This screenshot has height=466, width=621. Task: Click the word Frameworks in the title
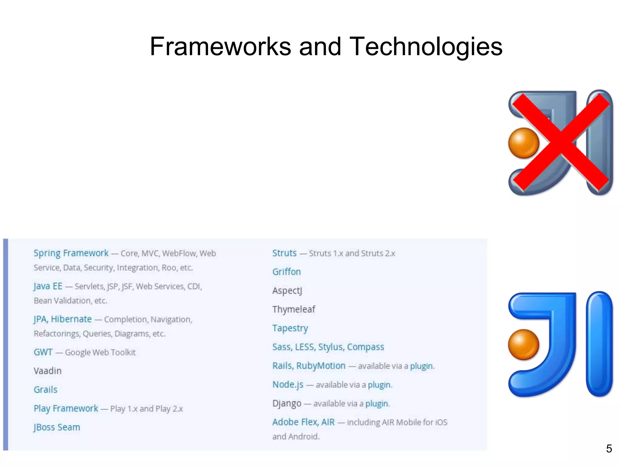tap(220, 46)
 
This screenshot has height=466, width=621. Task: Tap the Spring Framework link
tap(71, 253)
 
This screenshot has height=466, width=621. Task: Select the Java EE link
tap(48, 286)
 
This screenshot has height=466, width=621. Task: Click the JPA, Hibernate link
tap(62, 319)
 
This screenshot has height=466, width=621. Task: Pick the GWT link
tap(43, 352)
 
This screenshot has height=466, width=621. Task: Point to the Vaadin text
tap(48, 371)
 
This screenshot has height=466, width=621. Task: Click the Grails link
tap(45, 390)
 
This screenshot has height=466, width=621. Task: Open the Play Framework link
tap(66, 408)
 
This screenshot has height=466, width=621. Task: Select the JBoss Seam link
tap(57, 427)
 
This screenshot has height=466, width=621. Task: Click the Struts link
tap(284, 253)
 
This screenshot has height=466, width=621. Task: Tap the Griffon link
tap(286, 272)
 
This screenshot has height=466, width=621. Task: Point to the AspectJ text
tap(287, 291)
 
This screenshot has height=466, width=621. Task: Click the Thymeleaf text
tap(294, 309)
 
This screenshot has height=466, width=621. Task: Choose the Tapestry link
tap(290, 328)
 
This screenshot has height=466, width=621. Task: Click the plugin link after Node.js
tap(379, 385)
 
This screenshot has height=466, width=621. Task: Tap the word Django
tap(287, 404)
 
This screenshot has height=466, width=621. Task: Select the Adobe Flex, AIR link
tap(303, 422)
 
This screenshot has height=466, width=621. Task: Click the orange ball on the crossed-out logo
tap(523, 143)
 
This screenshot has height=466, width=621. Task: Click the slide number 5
tap(609, 449)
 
